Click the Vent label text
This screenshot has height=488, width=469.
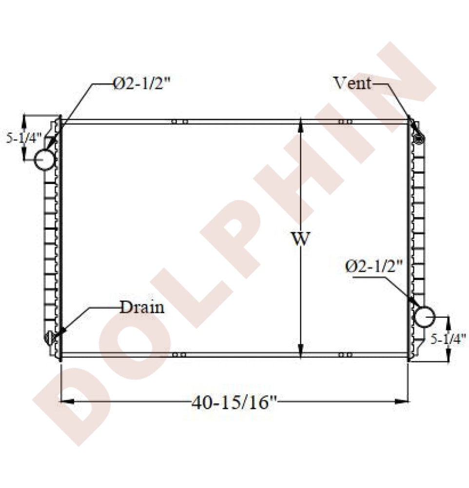(x=352, y=83)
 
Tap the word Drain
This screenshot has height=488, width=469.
(x=142, y=307)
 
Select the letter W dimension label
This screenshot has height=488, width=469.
(x=301, y=239)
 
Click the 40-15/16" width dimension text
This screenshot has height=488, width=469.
(x=234, y=403)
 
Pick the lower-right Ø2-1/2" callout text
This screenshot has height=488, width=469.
(x=373, y=266)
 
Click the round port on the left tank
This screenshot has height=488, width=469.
(x=44, y=160)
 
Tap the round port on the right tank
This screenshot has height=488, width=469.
(x=424, y=317)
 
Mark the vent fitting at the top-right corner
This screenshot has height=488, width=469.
(x=418, y=139)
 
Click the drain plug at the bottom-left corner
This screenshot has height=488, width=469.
(x=50, y=337)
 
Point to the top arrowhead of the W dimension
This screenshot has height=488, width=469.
(x=301, y=124)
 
